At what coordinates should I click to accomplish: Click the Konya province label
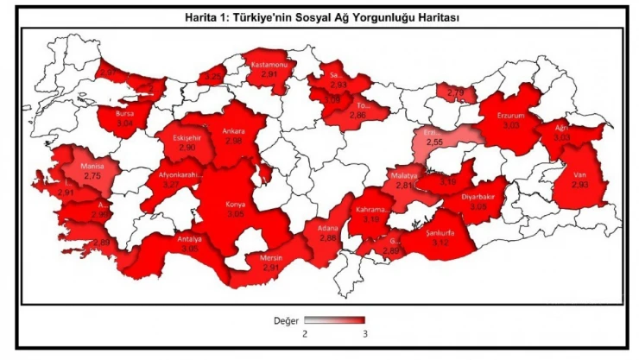(235, 205)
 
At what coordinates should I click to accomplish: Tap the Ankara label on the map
(234, 132)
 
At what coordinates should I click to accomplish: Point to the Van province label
(580, 174)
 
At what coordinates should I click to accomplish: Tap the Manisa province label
(92, 165)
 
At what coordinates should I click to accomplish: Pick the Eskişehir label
(187, 138)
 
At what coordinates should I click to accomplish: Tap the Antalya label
(189, 238)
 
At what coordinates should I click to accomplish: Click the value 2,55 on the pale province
(434, 142)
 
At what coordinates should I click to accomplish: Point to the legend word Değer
(286, 320)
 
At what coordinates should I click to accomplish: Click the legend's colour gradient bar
(334, 319)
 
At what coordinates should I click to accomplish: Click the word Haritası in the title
(408, 16)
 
